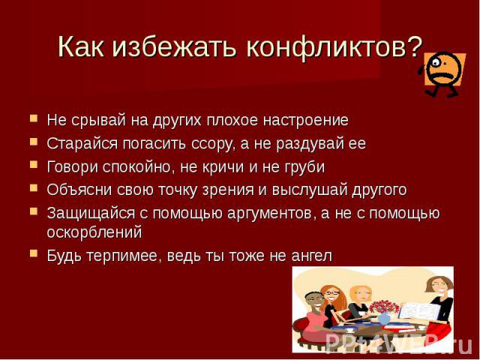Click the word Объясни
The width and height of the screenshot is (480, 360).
coord(79,190)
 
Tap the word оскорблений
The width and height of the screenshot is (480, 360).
coord(94,232)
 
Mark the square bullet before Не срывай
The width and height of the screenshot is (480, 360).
coord(34,118)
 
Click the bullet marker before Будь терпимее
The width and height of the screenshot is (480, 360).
coord(34,253)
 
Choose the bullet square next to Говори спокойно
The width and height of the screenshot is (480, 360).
coord(34,165)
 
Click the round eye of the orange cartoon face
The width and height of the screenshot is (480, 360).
coord(435,62)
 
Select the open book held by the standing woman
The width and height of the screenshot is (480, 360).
coord(418,312)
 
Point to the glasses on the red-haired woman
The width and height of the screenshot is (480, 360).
coord(331,293)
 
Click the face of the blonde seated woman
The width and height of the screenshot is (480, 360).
coord(361,295)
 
